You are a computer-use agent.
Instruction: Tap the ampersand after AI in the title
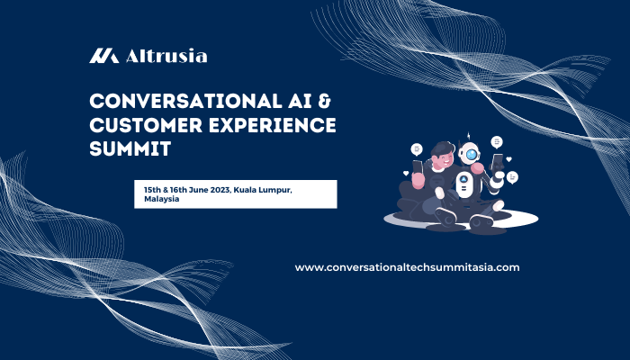click(x=324, y=100)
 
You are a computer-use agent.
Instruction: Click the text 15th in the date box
click(x=152, y=190)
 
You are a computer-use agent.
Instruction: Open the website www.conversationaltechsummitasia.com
click(x=407, y=267)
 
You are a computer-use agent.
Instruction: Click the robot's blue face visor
click(x=470, y=154)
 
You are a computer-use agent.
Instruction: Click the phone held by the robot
click(x=498, y=164)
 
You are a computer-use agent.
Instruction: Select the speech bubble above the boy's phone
click(x=417, y=148)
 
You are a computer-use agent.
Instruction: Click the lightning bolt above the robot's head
click(x=467, y=136)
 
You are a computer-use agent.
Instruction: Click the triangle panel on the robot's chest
click(x=463, y=179)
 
